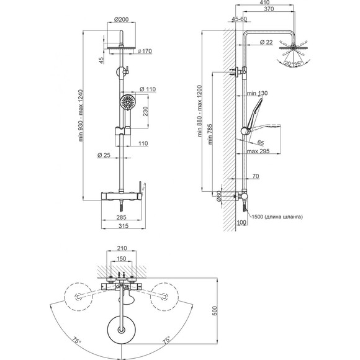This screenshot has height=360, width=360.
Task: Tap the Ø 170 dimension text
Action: [145, 51]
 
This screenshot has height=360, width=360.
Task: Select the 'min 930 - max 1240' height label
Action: [81, 115]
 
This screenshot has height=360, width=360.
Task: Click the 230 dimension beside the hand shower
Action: [146, 111]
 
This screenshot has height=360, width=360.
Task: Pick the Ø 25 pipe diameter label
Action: [104, 155]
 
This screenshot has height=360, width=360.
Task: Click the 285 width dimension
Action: [121, 217]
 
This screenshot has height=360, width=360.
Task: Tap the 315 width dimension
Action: [124, 226]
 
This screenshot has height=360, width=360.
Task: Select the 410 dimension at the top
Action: [264, 2]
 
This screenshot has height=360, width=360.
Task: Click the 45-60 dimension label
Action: [239, 19]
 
